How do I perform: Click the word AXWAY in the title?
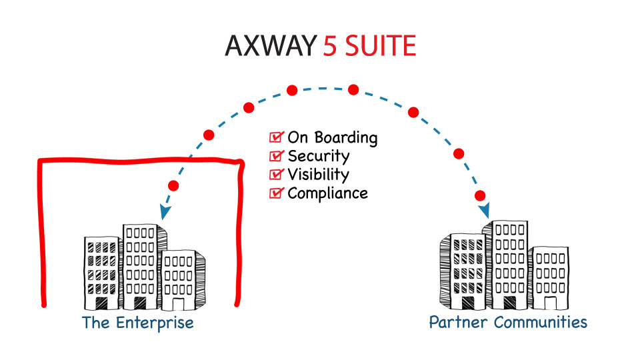pyautogui.click(x=270, y=46)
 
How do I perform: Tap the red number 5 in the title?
pyautogui.click(x=330, y=46)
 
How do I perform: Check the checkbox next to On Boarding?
pyautogui.click(x=275, y=138)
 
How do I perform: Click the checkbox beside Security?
pyautogui.click(x=275, y=157)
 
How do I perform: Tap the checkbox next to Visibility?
pyautogui.click(x=275, y=175)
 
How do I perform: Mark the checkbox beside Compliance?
pyautogui.click(x=275, y=193)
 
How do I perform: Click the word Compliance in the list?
pyautogui.click(x=327, y=193)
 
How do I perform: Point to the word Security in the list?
pyautogui.click(x=318, y=157)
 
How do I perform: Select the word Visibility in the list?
pyautogui.click(x=318, y=175)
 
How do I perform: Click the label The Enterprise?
pyautogui.click(x=137, y=323)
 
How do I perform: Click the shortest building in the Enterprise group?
pyautogui.click(x=180, y=280)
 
